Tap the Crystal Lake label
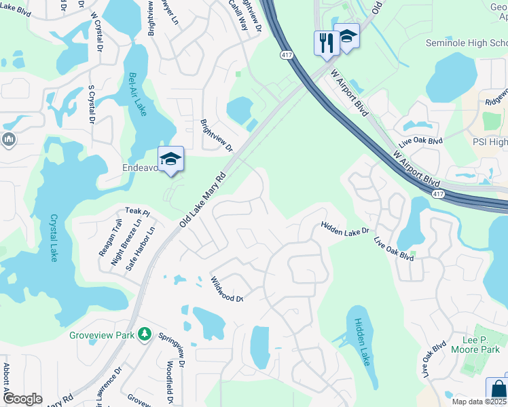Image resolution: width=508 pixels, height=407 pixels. click(x=53, y=237)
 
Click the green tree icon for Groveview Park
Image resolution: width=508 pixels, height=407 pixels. click(x=144, y=334)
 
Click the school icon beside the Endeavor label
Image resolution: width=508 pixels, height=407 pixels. click(x=170, y=159)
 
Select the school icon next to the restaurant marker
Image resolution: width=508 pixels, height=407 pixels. click(x=347, y=37)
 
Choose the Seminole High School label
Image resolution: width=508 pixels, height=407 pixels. click(x=466, y=43)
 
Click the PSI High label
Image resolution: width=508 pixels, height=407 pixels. click(x=490, y=142)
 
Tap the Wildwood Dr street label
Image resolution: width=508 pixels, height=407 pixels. click(x=226, y=290)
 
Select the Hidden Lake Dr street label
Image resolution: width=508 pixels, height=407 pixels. click(x=344, y=231)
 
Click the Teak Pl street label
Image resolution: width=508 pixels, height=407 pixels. click(x=137, y=212)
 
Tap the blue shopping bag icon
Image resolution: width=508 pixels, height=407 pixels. click(x=498, y=389)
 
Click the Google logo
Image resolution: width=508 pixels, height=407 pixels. click(x=22, y=399)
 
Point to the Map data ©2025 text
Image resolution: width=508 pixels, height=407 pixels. click(x=479, y=402)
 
